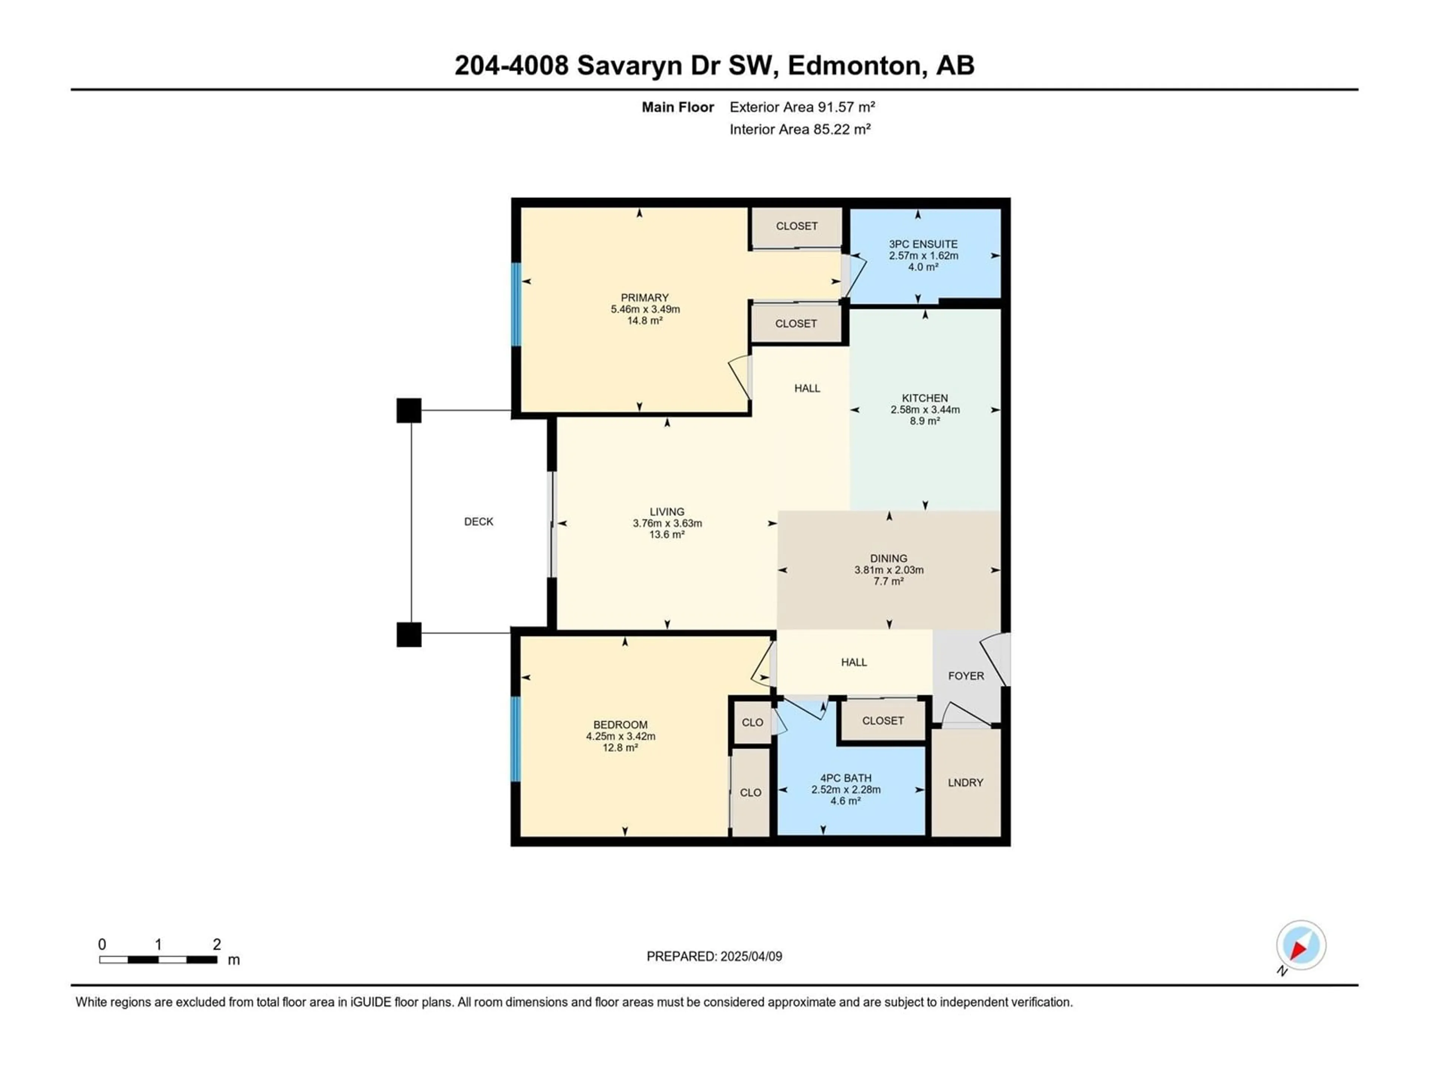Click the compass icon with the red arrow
(1301, 945)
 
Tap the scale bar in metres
(158, 960)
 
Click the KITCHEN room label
(925, 398)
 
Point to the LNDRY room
(966, 782)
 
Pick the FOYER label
(966, 676)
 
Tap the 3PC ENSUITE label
(923, 244)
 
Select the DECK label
(479, 521)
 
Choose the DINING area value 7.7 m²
(889, 581)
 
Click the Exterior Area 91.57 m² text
(802, 107)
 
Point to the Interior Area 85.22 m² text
(800, 129)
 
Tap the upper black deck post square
(409, 410)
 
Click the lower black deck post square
(409, 635)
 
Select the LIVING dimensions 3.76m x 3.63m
(667, 523)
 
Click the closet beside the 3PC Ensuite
(796, 226)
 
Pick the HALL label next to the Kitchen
(808, 388)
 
